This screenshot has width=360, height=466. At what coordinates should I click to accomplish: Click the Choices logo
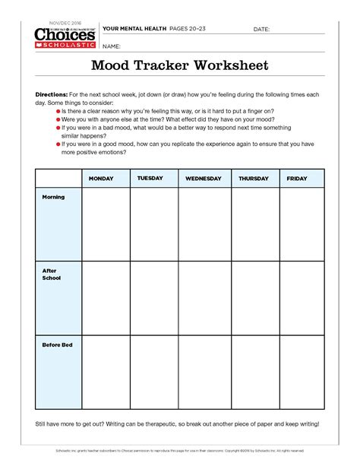65,35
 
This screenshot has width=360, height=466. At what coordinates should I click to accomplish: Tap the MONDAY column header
101,179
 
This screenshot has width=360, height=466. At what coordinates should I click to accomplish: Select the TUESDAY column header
150,179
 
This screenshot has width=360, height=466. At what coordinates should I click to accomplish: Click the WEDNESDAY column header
204,179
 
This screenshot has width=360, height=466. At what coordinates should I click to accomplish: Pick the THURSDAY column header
254,179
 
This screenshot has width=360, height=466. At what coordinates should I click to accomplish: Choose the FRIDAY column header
297,179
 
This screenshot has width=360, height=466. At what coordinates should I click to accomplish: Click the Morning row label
53,198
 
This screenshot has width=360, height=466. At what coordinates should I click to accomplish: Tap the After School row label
51,274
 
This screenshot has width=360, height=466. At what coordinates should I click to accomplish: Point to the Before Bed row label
57,345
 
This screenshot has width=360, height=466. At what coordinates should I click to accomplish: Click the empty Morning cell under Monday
106,224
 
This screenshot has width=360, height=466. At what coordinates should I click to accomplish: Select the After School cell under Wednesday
204,297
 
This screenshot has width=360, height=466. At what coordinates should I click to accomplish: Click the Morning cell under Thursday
255,224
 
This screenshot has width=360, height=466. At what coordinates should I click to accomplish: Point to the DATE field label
261,29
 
